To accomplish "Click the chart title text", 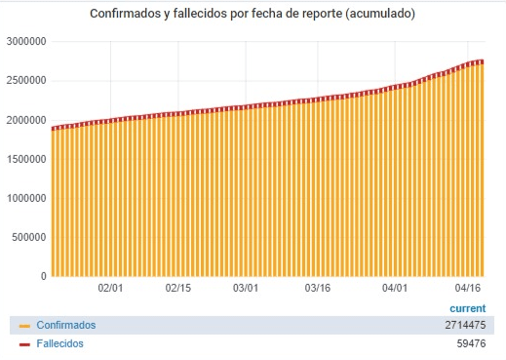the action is click(253, 14).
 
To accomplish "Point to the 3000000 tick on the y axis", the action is click(26, 42).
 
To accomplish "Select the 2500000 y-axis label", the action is click(26, 81).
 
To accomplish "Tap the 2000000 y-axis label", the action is click(26, 120).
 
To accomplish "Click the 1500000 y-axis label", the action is click(26, 159).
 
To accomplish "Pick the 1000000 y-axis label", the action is click(26, 198).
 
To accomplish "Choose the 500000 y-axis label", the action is click(29, 237).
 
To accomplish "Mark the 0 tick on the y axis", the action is click(44, 276).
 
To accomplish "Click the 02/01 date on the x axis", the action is click(110, 288).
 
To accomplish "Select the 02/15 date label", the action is click(178, 288).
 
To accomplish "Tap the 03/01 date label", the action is click(246, 288).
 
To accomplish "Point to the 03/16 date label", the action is click(318, 288).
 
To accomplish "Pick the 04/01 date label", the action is click(395, 288).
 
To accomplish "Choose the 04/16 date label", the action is click(468, 288).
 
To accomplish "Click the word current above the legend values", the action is click(468, 308).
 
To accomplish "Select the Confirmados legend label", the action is click(66, 325).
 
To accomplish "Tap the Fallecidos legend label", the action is click(59, 343).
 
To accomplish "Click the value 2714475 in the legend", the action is click(465, 325).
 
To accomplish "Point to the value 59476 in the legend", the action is click(471, 343).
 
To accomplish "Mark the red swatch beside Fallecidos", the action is click(24, 344).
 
